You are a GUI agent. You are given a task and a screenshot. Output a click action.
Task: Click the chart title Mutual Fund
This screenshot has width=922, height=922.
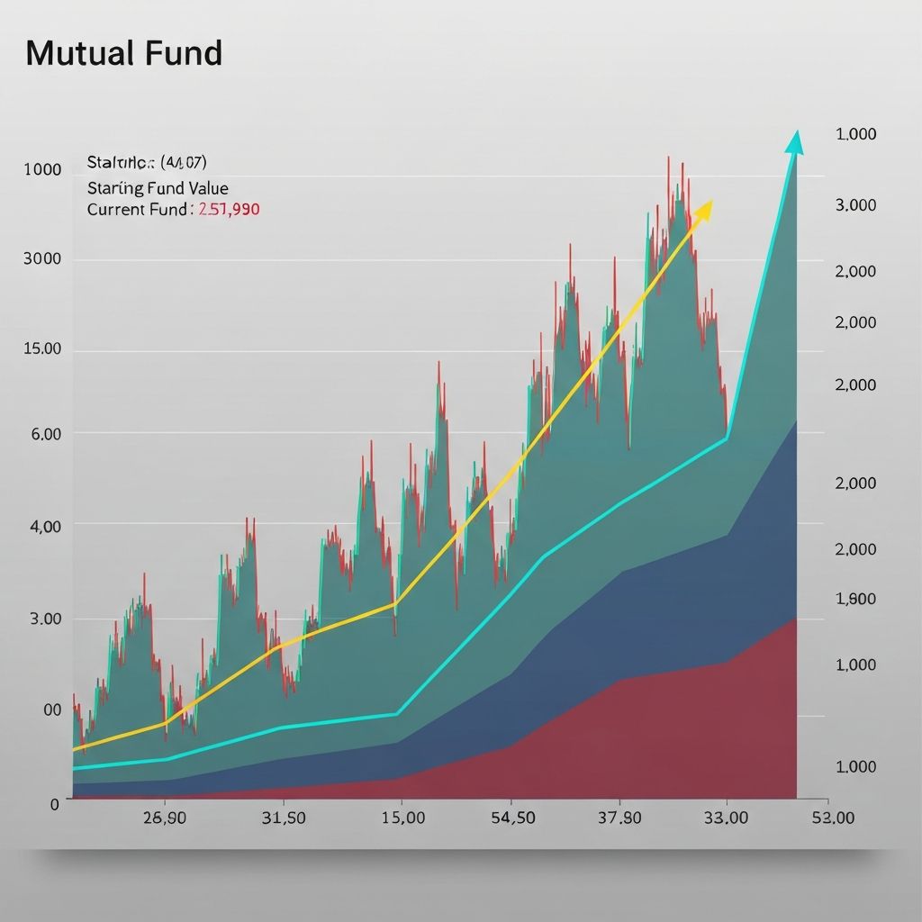123,54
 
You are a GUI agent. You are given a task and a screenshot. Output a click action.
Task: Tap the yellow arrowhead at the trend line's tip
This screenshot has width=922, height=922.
703,210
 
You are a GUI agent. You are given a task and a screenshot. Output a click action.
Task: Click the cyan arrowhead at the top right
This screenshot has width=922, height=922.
794,142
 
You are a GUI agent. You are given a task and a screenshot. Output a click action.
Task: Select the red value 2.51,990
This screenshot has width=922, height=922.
229,210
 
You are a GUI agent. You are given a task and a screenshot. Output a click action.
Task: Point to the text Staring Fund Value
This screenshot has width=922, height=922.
158,188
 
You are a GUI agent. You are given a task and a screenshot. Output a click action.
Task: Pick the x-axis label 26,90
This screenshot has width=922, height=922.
164,818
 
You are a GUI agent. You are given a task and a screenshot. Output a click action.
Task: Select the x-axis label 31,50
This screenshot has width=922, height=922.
284,818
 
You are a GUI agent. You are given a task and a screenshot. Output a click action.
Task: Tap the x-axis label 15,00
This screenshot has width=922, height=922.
402,818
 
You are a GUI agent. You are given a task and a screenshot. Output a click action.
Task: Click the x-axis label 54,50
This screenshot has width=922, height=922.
512,818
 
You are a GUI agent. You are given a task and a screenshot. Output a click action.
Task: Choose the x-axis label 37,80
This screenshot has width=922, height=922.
619,818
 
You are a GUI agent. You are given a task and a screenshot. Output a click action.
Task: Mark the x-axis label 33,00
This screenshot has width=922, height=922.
725,818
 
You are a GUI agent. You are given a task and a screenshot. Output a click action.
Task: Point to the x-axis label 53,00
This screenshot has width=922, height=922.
833,818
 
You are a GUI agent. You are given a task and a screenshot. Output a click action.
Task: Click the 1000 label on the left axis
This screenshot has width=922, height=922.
43,170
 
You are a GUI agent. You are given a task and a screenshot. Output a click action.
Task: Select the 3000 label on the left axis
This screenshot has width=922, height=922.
43,259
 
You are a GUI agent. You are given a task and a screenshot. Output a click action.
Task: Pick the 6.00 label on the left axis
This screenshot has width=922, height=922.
46,434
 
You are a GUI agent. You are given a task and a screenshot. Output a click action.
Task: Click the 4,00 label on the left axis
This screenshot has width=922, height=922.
46,526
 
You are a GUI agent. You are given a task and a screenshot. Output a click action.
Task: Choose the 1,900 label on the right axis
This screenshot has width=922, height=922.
856,599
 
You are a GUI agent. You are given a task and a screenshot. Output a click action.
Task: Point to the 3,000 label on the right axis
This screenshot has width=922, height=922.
856,205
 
